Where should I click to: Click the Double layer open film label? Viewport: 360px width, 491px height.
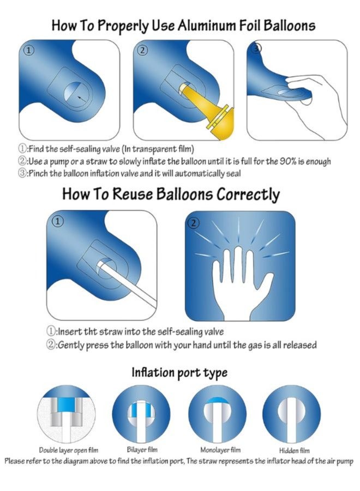(68, 450)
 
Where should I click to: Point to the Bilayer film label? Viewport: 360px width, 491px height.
(142, 450)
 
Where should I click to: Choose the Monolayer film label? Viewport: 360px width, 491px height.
(220, 450)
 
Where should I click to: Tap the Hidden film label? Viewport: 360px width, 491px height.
(294, 450)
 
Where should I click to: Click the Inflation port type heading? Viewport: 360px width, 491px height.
(179, 373)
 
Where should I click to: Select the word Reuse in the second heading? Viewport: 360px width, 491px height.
(131, 194)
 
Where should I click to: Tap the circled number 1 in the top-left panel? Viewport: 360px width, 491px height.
(29, 51)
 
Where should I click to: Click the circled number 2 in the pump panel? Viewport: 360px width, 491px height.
(142, 50)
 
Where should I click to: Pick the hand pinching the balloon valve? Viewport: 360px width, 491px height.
(313, 104)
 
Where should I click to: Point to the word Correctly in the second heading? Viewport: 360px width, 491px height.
(248, 195)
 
